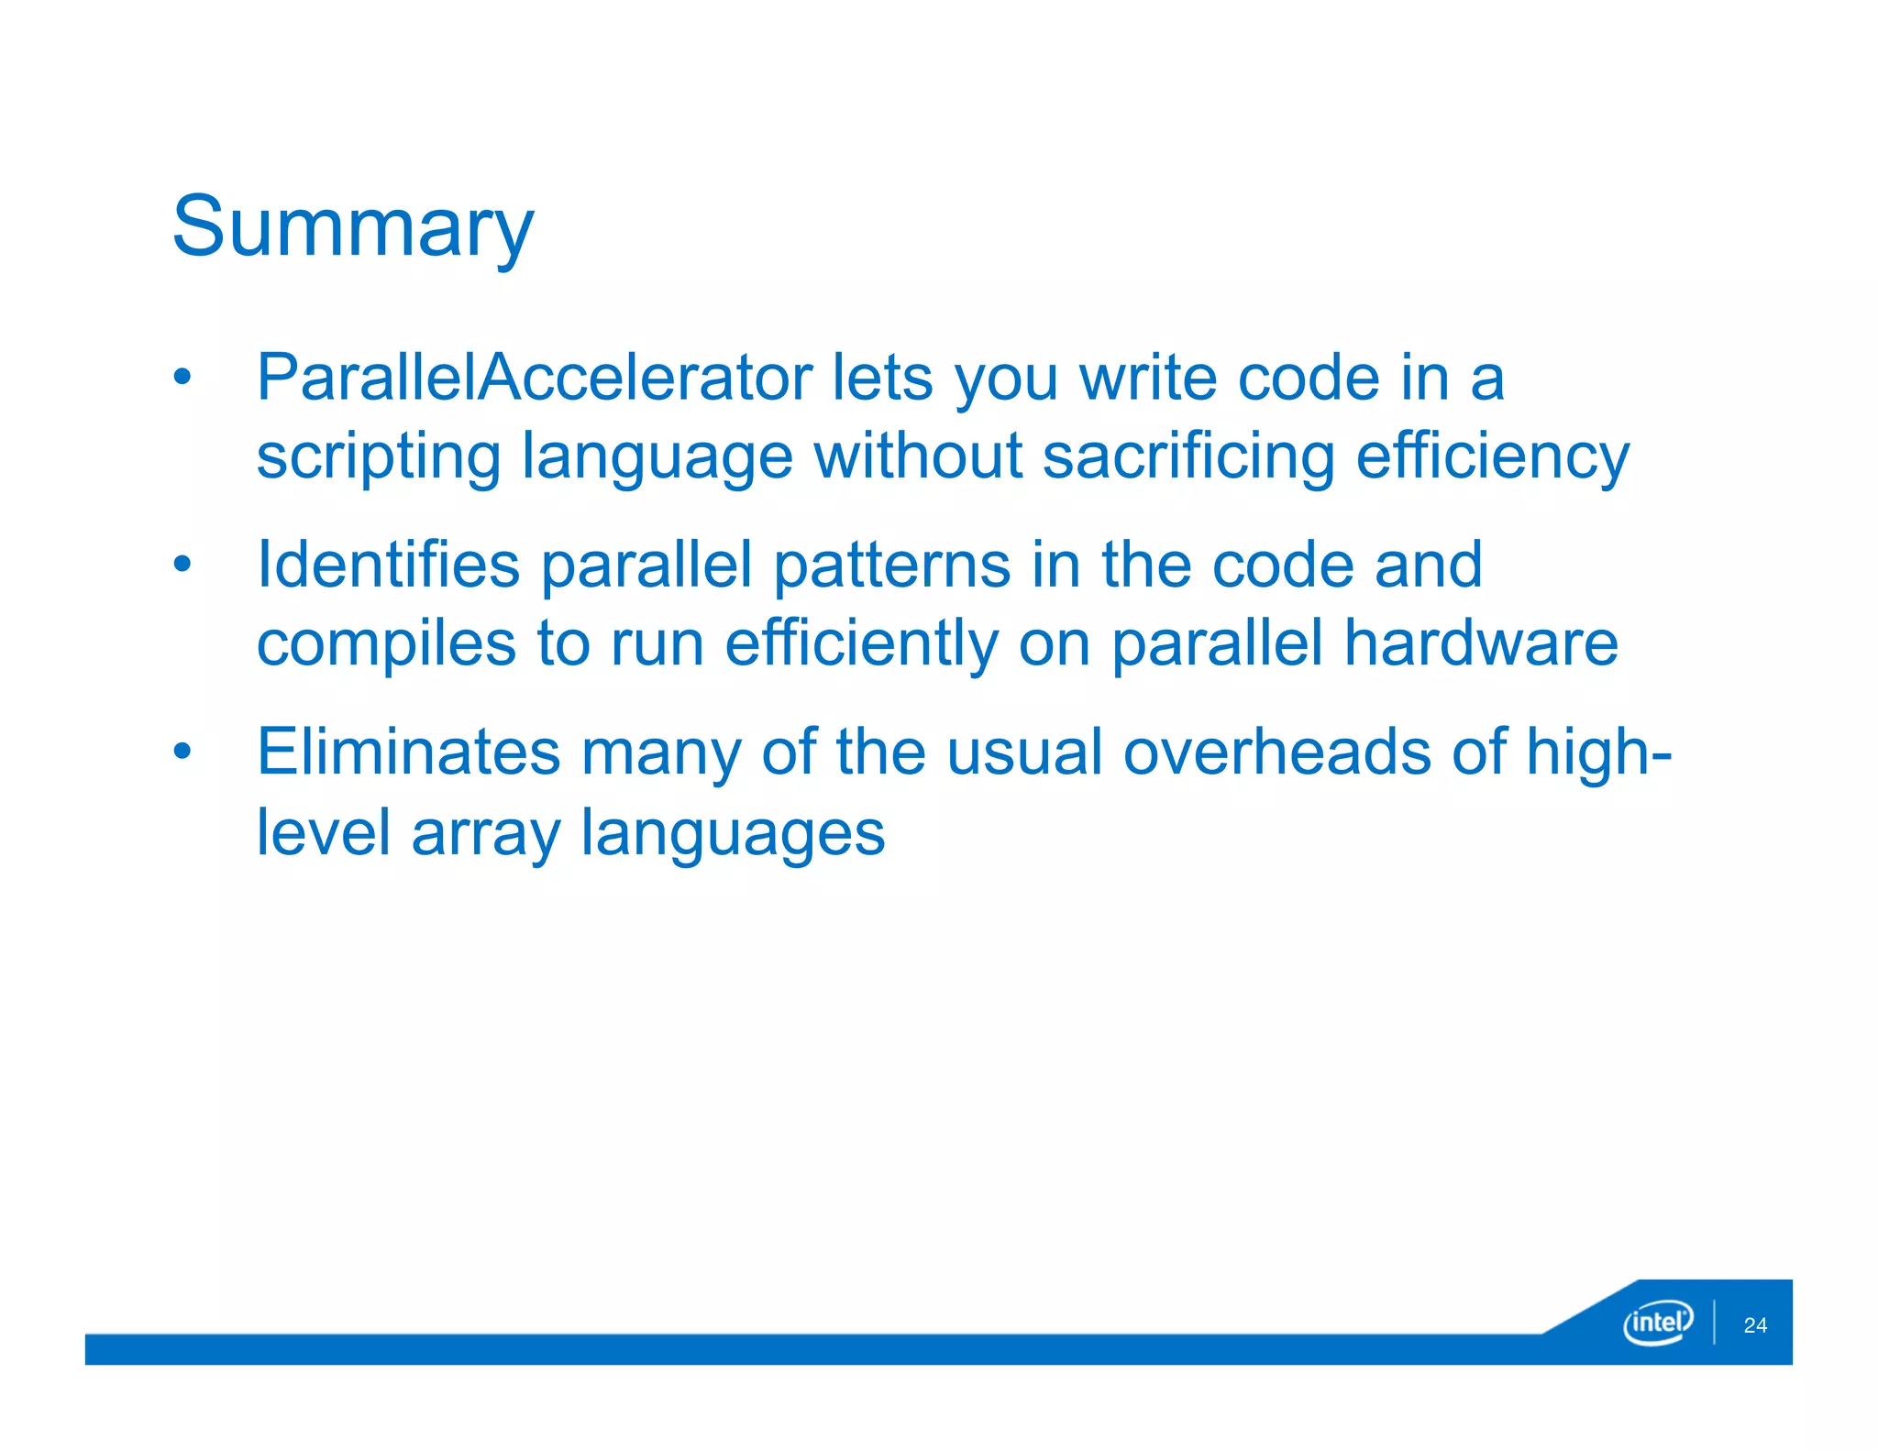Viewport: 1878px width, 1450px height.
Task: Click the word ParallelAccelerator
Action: click(534, 378)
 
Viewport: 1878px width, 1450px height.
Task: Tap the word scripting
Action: click(378, 457)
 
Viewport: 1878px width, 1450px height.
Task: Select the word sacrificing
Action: click(1188, 457)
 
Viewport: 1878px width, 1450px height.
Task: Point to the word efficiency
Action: click(1492, 457)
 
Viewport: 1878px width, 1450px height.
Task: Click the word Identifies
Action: click(388, 565)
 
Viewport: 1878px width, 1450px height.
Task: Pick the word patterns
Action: click(891, 565)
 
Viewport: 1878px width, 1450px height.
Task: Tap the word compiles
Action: click(386, 644)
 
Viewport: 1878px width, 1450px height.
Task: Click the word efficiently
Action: click(861, 644)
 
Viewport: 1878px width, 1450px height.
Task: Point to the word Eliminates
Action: click(408, 752)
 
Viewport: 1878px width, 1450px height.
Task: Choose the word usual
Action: click(1024, 752)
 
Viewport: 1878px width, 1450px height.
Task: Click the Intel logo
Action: click(1657, 1323)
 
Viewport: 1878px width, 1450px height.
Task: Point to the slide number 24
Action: click(1755, 1325)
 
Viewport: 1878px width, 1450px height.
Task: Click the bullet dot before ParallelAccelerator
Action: click(182, 377)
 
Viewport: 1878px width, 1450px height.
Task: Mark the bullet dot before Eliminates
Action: click(182, 752)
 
